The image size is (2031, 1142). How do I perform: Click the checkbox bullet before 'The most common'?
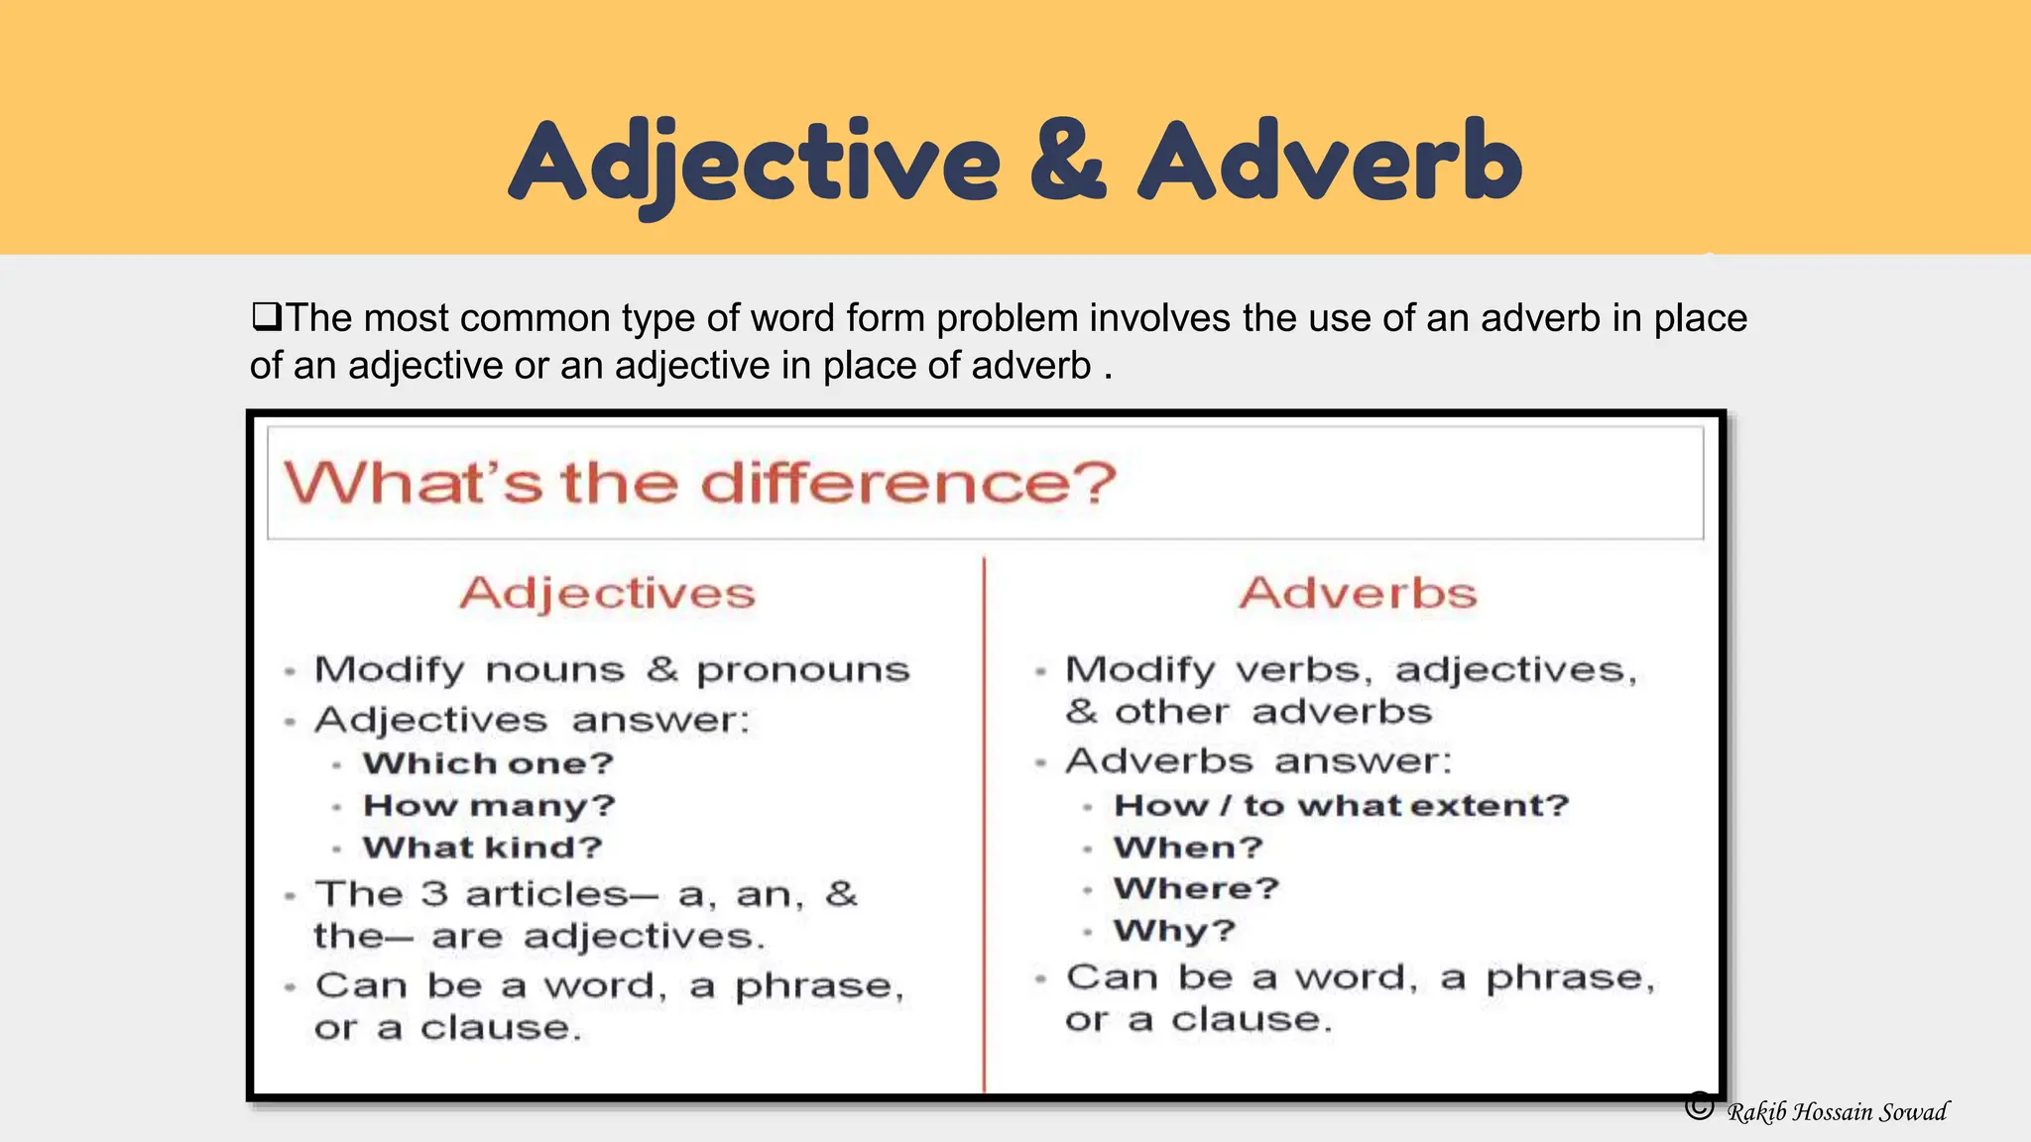coord(266,317)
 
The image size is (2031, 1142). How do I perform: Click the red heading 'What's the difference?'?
coord(699,484)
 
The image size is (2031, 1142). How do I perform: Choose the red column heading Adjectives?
coord(607,593)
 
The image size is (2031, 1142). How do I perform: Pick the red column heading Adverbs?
coord(1358,593)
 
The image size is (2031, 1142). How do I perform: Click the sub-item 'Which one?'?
coord(488,763)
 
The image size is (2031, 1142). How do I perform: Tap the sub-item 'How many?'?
coord(489,806)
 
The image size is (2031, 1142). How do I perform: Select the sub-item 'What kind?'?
coord(483,848)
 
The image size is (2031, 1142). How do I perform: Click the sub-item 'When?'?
coord(1188,848)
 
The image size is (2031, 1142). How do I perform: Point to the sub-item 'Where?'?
coord(1196,888)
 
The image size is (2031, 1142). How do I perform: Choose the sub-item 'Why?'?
coord(1174,931)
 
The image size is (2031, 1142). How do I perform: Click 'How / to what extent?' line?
coord(1341,805)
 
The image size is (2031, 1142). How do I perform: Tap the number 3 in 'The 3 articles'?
coord(433,894)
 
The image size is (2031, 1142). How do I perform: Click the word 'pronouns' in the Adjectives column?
coord(802,670)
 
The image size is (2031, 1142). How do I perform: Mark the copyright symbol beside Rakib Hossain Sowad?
coord(1699,1105)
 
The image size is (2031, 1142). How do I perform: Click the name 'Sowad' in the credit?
coord(1913,1112)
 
